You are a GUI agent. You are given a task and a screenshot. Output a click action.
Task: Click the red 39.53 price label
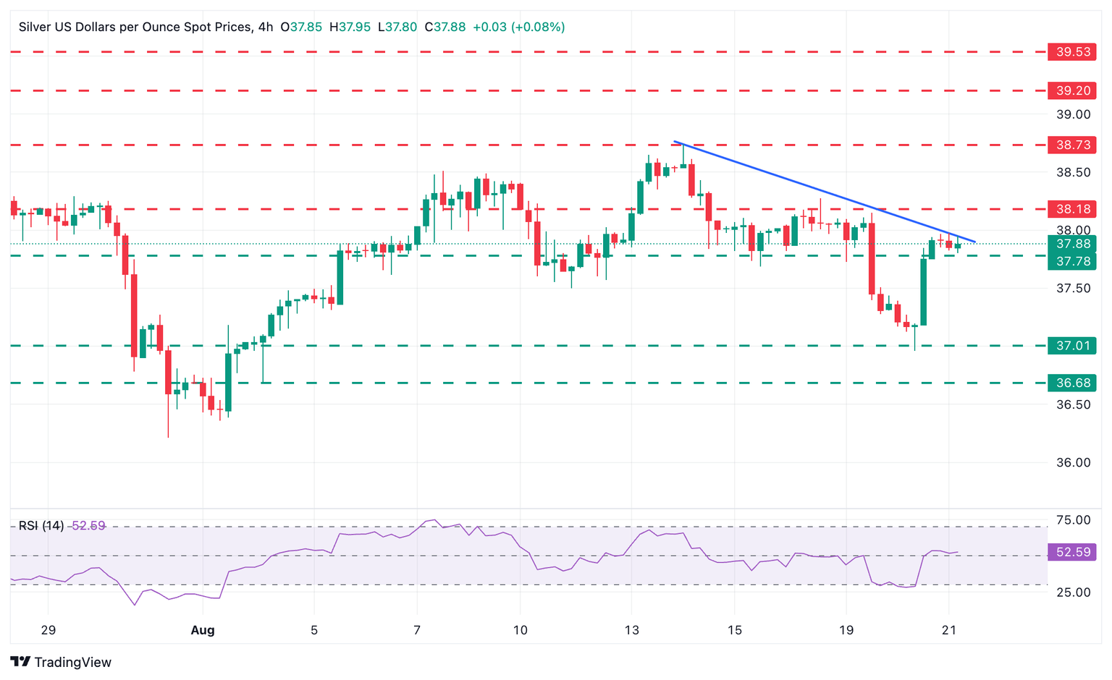tap(1072, 52)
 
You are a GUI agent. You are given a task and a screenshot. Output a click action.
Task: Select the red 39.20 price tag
tap(1072, 90)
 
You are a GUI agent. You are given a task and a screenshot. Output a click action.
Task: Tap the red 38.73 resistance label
tap(1072, 145)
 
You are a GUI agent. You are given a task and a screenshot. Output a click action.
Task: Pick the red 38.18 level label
tap(1072, 209)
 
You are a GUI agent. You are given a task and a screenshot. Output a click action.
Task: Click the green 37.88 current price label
tap(1072, 244)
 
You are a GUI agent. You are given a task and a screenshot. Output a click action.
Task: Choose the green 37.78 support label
tap(1072, 261)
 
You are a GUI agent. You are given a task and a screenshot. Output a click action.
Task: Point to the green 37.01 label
tap(1072, 346)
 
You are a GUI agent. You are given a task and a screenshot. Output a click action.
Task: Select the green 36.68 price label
tap(1072, 383)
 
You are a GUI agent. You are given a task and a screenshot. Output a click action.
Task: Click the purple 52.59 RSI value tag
tap(1072, 552)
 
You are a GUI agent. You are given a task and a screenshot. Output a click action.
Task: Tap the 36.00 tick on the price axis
tap(1073, 463)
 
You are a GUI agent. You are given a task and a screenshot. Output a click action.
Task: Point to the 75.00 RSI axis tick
tap(1073, 520)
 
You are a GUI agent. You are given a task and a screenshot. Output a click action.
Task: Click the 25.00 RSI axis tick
tap(1073, 592)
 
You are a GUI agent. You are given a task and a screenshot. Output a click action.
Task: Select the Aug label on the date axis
tap(203, 630)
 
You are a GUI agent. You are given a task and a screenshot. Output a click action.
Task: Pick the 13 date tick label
tap(632, 630)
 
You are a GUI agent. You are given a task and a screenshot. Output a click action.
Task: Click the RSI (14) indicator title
tap(41, 526)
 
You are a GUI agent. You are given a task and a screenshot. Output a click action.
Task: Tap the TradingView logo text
tap(72, 662)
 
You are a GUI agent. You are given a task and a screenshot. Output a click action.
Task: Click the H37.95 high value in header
tap(350, 27)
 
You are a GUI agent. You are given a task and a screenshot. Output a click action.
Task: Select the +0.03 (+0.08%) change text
tap(518, 27)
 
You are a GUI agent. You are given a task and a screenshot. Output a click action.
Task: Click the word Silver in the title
tap(34, 27)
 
